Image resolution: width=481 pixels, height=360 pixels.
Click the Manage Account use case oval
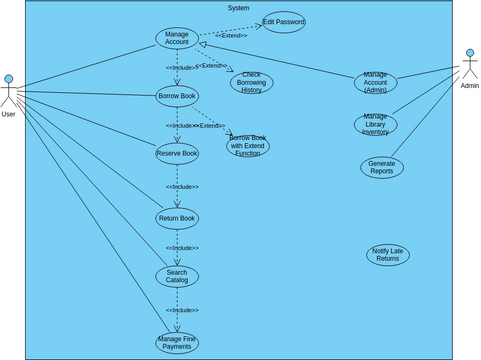click(177, 37)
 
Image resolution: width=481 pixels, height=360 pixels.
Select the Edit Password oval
click(284, 22)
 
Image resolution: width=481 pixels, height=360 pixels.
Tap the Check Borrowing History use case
click(252, 83)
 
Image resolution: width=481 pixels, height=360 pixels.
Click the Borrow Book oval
click(177, 96)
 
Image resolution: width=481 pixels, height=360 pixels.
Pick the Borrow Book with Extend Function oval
click(248, 146)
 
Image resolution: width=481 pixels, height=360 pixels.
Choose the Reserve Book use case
click(177, 153)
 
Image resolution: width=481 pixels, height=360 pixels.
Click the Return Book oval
click(177, 218)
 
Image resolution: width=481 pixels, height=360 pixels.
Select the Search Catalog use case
click(177, 276)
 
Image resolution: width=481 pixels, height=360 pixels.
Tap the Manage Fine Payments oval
click(177, 343)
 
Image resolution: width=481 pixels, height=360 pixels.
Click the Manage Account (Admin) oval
click(376, 82)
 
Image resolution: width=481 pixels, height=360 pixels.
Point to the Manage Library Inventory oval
click(376, 124)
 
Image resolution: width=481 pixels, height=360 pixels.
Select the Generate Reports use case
click(382, 167)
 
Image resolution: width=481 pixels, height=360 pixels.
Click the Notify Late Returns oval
click(388, 255)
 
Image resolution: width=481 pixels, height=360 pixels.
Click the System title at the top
click(239, 7)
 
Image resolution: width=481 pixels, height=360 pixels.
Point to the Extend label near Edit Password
click(231, 35)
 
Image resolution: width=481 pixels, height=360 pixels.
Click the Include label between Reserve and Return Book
click(182, 187)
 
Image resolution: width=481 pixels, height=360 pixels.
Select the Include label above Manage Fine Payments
click(182, 310)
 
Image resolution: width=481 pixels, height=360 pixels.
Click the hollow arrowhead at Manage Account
click(203, 44)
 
